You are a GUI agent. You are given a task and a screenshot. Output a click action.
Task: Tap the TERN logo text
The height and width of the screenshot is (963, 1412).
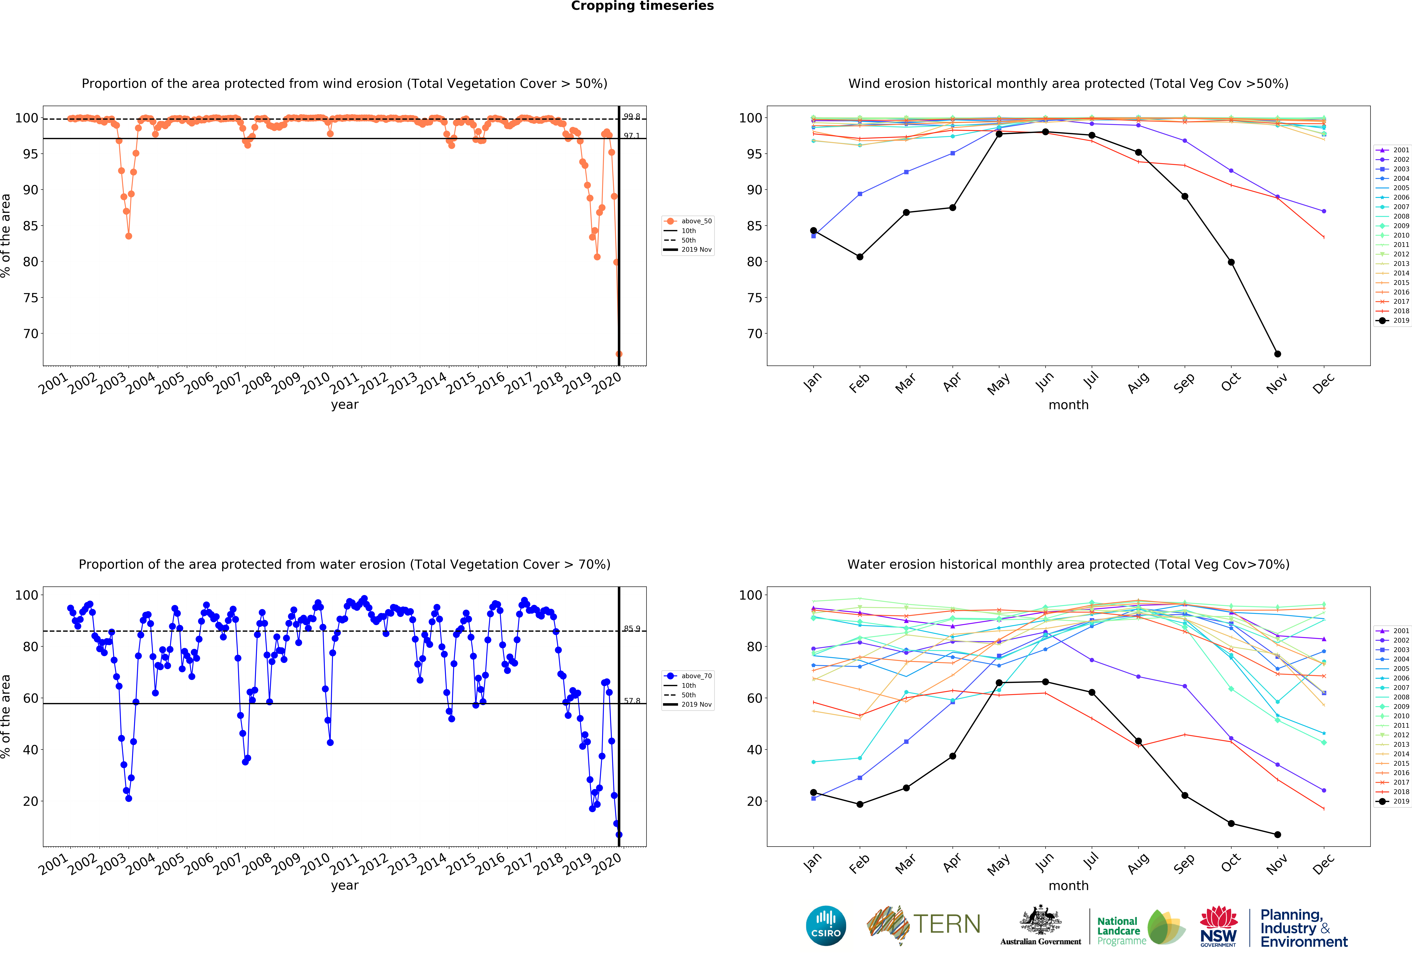947,924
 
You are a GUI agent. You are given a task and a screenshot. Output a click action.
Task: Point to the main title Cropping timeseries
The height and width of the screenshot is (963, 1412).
642,6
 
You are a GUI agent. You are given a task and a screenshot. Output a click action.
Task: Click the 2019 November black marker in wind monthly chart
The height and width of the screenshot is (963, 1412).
1277,354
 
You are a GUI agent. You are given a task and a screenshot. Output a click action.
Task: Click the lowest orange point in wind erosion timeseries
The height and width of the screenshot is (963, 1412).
619,354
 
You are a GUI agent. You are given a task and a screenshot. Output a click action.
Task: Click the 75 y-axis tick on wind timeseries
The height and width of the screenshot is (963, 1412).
30,298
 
